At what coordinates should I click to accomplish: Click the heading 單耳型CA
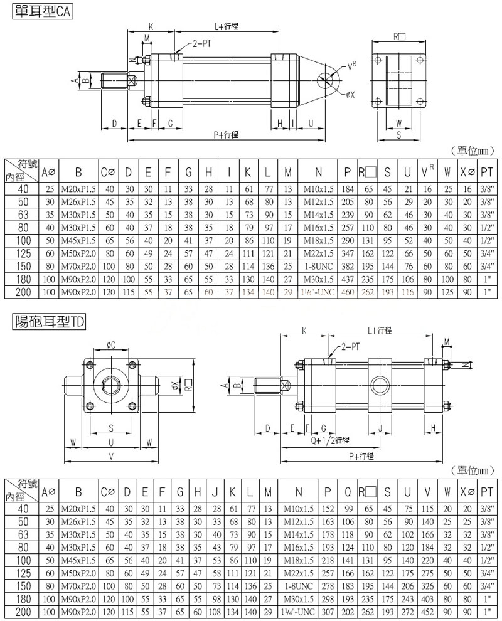42,11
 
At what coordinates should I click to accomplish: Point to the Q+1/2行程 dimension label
330,440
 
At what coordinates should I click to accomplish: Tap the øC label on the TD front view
110,345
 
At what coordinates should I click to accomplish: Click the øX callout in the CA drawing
350,95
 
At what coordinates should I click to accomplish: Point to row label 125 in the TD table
23,574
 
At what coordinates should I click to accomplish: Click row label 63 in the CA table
23,215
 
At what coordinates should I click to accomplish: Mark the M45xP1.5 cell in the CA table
78,241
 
